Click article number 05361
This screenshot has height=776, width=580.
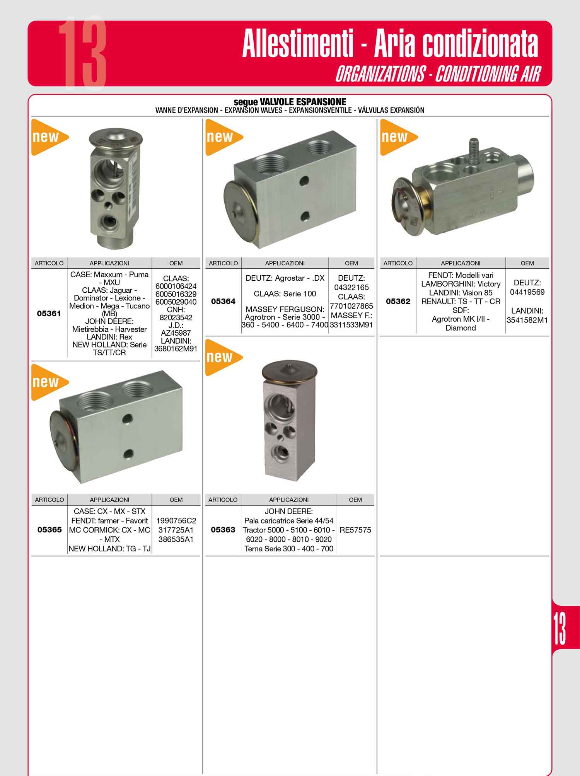(49, 314)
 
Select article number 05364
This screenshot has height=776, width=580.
(223, 301)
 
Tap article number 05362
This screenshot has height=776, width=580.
(398, 301)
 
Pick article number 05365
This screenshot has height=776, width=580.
(49, 530)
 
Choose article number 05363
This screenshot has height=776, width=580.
(223, 530)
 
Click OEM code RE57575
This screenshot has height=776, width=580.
(355, 530)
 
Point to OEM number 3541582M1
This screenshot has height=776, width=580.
(527, 320)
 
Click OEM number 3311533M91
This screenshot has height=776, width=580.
(351, 325)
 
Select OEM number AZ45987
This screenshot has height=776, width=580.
(176, 333)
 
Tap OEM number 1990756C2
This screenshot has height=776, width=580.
(176, 520)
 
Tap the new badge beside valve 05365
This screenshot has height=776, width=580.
(49, 382)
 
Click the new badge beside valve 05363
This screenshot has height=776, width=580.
(223, 357)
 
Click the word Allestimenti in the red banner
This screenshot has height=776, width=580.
(298, 44)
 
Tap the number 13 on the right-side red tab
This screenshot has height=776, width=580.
(559, 628)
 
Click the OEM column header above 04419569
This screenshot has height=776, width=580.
(527, 263)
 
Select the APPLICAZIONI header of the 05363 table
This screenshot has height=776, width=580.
(289, 500)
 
